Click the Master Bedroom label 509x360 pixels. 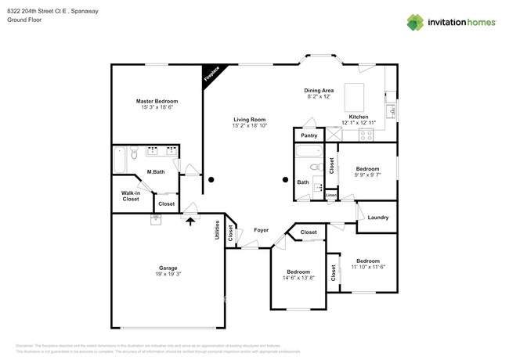click(x=157, y=101)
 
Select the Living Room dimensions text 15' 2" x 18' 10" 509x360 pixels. click(x=250, y=126)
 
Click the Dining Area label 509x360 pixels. click(x=319, y=91)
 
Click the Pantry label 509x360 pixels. click(x=309, y=135)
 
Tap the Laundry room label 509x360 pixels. click(x=378, y=218)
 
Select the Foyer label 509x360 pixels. click(x=262, y=230)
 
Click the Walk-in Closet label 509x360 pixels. click(x=131, y=196)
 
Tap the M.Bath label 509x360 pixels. click(x=155, y=172)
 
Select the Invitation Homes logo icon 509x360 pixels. click(x=415, y=22)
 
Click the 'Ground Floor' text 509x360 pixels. click(x=24, y=20)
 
